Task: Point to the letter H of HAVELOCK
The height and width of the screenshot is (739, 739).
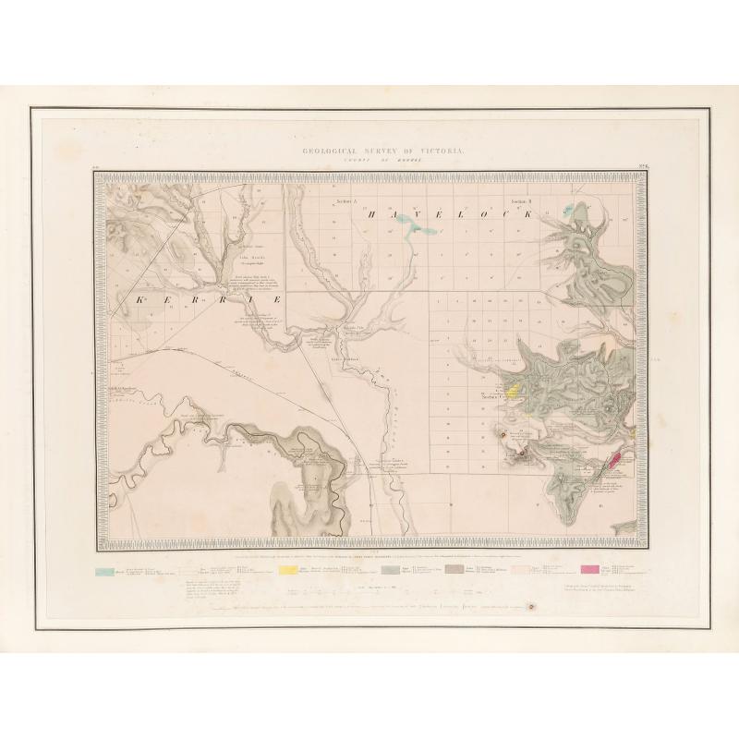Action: click(372, 214)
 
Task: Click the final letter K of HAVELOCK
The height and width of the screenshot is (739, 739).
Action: click(533, 214)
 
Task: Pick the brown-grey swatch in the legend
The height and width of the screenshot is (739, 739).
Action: click(452, 571)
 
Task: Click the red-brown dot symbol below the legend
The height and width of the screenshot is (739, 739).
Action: click(532, 607)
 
